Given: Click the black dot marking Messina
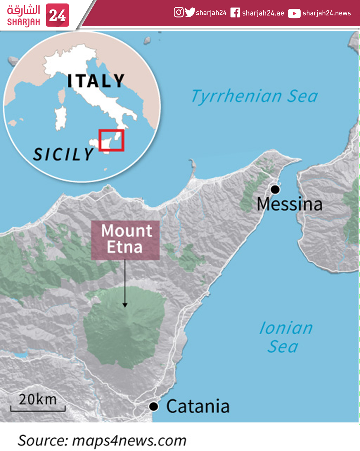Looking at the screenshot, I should (275, 189).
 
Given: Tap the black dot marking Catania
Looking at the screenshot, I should (153, 406).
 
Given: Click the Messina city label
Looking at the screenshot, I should (290, 204).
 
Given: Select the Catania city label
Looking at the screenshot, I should (198, 406).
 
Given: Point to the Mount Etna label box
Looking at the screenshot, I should (125, 240).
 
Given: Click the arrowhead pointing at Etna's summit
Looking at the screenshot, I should (125, 305).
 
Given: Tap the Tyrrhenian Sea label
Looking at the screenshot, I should (255, 96).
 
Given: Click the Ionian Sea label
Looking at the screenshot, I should (285, 337).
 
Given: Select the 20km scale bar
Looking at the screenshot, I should (38, 408).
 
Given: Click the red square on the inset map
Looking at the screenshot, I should (111, 140).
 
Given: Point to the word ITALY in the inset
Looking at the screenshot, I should (96, 81).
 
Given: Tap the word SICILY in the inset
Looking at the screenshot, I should (63, 154).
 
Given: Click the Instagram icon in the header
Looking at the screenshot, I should (179, 12).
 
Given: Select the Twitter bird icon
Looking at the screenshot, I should (190, 12).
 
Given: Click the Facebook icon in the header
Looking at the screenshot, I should (235, 13).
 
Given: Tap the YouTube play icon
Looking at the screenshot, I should (294, 13).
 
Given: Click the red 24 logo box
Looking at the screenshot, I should (57, 15).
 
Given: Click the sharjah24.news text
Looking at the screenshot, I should (327, 13).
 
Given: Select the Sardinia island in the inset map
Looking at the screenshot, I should (61, 118).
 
